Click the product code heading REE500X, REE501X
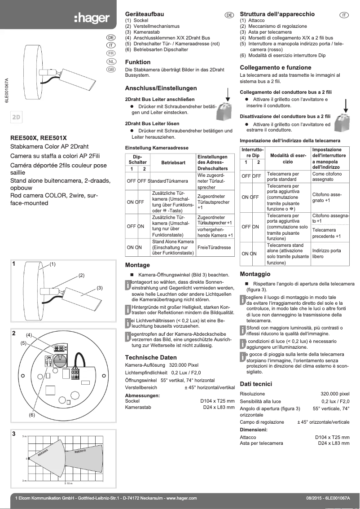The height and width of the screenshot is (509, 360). click(39, 138)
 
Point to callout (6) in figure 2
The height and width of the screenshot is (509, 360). click(32, 415)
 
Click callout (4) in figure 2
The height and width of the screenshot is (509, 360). click(29, 335)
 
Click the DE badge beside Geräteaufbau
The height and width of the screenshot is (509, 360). click(229, 15)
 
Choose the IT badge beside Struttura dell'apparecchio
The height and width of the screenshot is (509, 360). click(344, 15)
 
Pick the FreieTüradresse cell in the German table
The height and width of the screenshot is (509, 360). click(214, 247)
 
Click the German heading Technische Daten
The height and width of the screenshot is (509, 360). click(150, 357)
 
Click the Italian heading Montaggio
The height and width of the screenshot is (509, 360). click(255, 274)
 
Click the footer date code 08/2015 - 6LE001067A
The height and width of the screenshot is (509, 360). click(327, 498)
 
